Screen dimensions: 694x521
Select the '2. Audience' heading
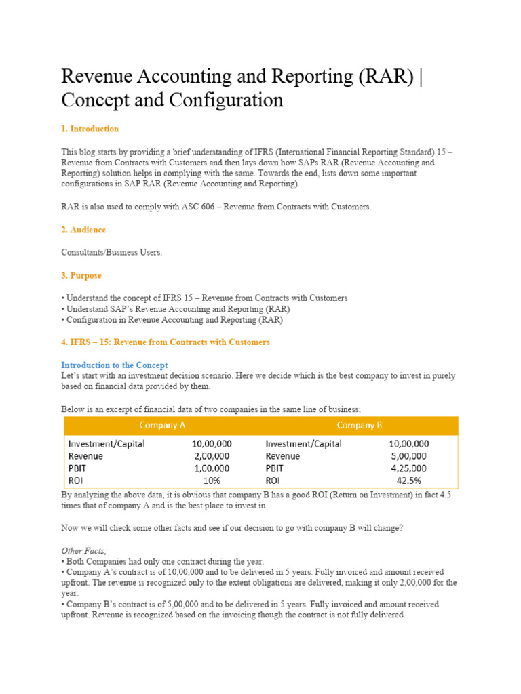tap(83, 230)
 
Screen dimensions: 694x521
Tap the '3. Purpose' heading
tap(81, 276)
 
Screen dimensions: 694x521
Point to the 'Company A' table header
tap(162, 425)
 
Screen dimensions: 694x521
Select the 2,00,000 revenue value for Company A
tap(212, 456)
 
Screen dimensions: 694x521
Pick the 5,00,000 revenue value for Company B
tap(408, 456)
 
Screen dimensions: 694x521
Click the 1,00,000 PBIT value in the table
tap(212, 468)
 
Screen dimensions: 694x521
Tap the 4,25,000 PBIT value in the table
tap(408, 468)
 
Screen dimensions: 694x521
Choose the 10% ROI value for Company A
tap(220, 481)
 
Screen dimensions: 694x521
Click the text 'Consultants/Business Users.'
tap(112, 253)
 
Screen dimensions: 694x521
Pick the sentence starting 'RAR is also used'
tap(216, 207)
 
